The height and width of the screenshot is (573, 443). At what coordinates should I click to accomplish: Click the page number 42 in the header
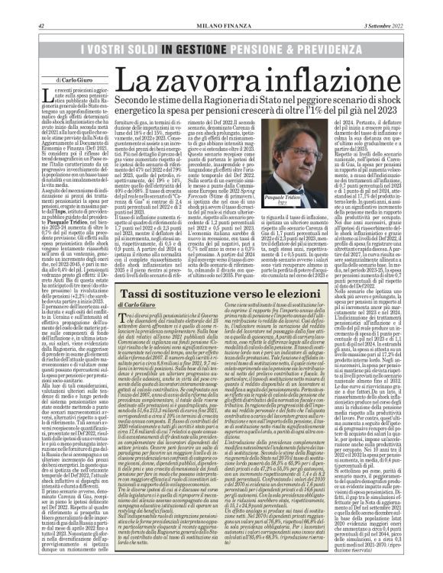(x=39, y=28)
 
